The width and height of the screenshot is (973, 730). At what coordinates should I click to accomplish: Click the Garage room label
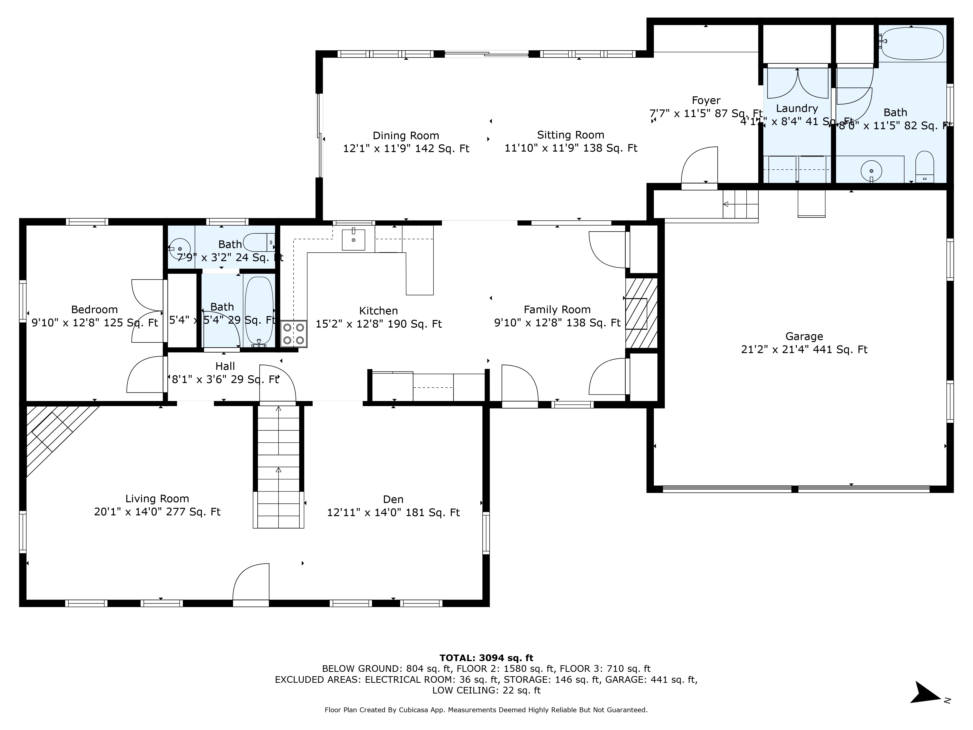click(804, 337)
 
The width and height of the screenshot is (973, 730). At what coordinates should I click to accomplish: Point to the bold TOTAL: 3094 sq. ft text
click(486, 658)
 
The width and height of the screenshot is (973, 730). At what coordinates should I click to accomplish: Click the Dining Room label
click(405, 136)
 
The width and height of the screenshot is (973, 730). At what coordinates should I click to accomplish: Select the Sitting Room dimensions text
click(570, 148)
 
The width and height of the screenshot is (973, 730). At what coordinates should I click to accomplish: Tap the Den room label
click(393, 499)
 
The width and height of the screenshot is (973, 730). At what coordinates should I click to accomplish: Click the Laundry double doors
click(797, 84)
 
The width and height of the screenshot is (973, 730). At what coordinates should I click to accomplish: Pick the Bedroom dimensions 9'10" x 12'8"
click(95, 323)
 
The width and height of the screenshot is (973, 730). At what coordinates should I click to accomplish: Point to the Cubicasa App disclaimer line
click(486, 710)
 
